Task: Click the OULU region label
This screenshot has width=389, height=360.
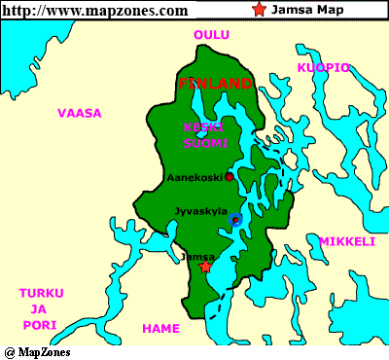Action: pos(211,35)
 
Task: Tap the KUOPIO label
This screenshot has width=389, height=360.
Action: pos(323,67)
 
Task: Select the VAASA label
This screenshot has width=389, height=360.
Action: pos(79,113)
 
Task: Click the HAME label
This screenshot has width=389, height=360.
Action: pos(161,328)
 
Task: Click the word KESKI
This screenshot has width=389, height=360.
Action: pos(204,127)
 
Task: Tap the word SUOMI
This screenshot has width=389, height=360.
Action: pos(204,143)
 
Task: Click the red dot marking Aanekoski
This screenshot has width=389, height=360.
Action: pos(229,177)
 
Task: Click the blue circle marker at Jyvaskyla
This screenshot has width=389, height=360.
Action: pos(234,221)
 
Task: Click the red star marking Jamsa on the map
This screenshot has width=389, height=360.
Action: pos(205,267)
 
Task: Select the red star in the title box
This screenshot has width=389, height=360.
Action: pos(258,11)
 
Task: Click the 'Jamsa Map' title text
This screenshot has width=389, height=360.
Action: pos(301,11)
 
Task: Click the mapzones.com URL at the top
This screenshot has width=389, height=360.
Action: pos(95,11)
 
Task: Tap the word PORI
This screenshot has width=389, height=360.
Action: pos(41,324)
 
